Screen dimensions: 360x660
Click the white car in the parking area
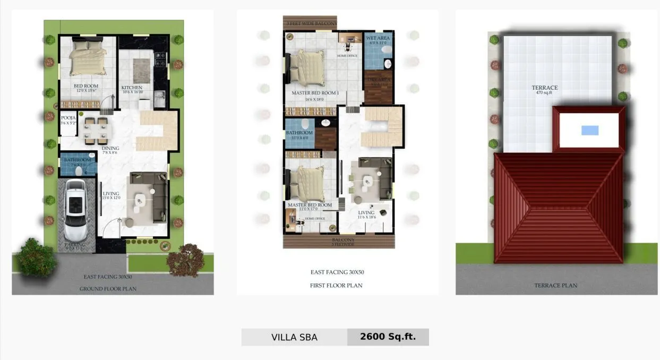click(x=76, y=210)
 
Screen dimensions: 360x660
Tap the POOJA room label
click(x=67, y=118)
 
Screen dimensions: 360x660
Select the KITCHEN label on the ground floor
click(x=132, y=88)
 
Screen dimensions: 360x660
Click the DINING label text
click(x=110, y=148)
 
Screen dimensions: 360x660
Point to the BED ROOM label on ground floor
click(x=85, y=86)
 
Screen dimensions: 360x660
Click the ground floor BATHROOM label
click(x=78, y=160)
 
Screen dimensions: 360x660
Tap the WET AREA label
click(x=378, y=38)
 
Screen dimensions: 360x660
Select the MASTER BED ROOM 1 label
click(x=315, y=93)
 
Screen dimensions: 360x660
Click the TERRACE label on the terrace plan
click(x=545, y=88)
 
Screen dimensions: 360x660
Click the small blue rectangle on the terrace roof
click(x=590, y=130)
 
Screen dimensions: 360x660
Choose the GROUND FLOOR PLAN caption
click(x=108, y=289)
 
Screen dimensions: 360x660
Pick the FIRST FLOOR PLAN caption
click(x=336, y=285)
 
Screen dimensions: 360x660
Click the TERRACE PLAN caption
click(x=555, y=285)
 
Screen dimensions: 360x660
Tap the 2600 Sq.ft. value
click(x=388, y=337)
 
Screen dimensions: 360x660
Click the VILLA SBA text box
click(x=294, y=337)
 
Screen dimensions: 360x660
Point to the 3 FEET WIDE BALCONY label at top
click(x=311, y=24)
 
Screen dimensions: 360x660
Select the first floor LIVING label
click(x=366, y=213)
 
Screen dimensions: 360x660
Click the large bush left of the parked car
click(x=36, y=256)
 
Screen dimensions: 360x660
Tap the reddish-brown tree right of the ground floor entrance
click(x=185, y=260)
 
